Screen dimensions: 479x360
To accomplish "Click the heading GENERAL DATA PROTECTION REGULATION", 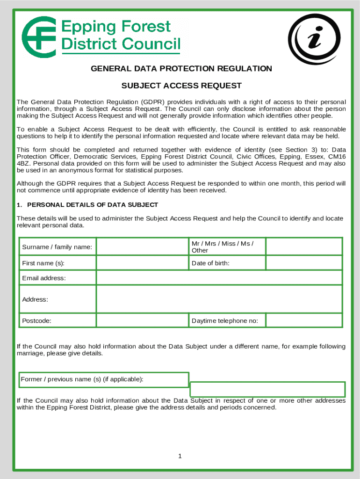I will click(181, 69).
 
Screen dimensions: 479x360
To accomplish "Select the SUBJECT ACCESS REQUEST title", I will click(181, 86).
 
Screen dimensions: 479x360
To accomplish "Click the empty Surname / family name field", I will click(142, 247).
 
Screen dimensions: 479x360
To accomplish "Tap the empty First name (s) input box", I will click(142, 263).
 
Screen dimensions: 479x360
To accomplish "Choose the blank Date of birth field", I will click(304, 263).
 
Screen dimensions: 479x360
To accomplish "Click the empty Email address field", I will click(219, 278).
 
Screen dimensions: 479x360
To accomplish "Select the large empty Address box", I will click(219, 299).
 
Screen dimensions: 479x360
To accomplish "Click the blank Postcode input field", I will click(142, 320).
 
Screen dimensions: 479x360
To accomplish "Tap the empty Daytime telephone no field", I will click(304, 320).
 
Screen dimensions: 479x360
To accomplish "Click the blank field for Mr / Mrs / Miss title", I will click(304, 247).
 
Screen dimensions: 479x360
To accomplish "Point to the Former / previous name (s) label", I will click(82, 379).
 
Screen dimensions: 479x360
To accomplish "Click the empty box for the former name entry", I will click(267, 389).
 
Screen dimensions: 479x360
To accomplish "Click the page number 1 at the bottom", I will click(180, 456).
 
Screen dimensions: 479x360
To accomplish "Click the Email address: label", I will click(44, 278).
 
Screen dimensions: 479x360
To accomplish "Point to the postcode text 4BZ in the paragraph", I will click(22, 164).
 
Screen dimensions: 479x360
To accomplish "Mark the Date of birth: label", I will click(210, 263).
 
